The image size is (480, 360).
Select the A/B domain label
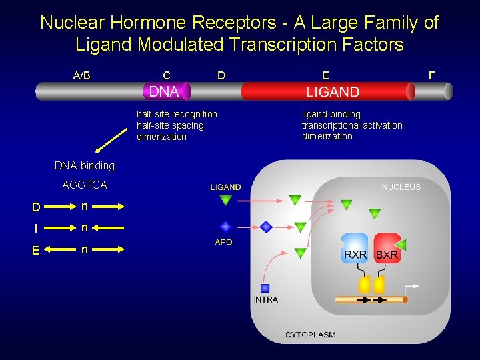click(81, 75)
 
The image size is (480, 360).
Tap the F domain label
click(431, 75)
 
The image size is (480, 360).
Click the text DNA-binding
click(84, 165)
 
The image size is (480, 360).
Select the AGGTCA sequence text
click(84, 185)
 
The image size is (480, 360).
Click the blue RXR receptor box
click(355, 249)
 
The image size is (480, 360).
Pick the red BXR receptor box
click(387, 249)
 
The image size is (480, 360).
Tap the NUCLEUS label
click(401, 187)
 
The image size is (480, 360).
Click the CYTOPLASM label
click(310, 334)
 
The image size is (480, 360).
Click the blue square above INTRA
click(265, 288)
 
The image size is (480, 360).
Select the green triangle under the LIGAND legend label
click(225, 200)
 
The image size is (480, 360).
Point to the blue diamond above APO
click(225, 227)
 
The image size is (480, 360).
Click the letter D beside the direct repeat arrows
click(37, 207)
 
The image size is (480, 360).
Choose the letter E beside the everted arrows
click(37, 251)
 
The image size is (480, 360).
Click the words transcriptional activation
click(352, 125)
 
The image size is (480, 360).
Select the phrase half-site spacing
click(170, 125)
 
